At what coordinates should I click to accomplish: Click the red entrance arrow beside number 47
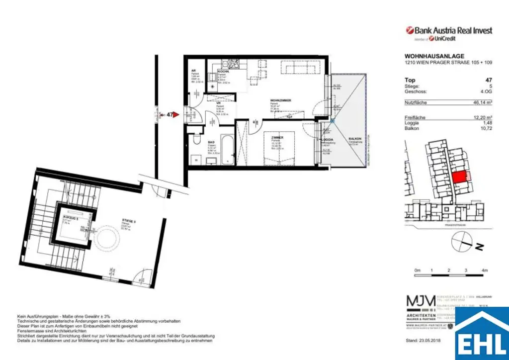(175, 114)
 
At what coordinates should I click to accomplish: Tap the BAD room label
(211, 143)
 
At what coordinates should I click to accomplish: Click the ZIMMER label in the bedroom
(277, 137)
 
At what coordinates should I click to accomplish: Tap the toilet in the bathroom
(197, 137)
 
